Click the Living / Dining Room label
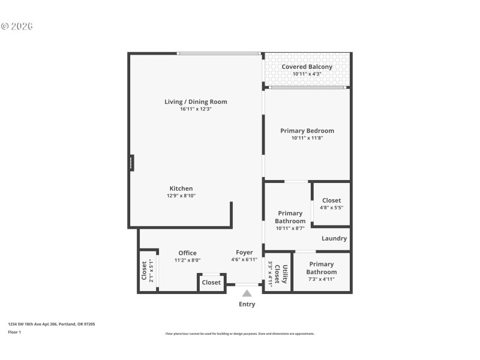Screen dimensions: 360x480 (x=196, y=101)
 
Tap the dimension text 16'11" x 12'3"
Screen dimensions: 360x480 (x=196, y=109)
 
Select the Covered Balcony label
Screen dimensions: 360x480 (x=307, y=67)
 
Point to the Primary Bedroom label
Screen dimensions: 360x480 (x=307, y=130)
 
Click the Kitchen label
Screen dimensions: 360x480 (x=181, y=188)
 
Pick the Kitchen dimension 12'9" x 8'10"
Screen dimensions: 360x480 (x=181, y=196)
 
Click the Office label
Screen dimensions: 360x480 (x=187, y=253)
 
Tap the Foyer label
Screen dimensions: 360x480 (x=244, y=252)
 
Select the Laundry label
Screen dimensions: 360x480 (x=334, y=238)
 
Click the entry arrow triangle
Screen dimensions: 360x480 (x=247, y=293)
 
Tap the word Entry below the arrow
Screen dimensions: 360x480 (x=247, y=304)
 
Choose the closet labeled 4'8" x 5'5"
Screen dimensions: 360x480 (x=331, y=204)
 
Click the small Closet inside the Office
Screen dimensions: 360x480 (x=211, y=282)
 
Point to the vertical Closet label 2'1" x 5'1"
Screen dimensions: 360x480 (x=144, y=271)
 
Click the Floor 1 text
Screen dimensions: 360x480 (x=14, y=332)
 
